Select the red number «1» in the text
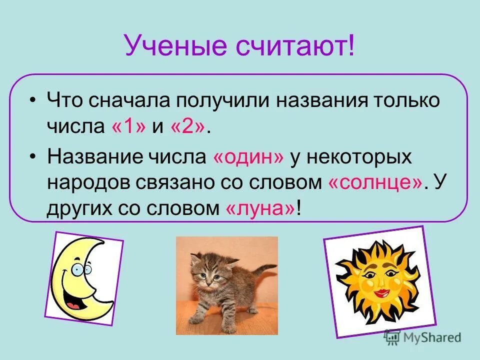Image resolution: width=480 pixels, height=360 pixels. point(129,126)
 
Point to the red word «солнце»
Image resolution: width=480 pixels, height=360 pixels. point(375,182)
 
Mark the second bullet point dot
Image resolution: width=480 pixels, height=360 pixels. point(33,156)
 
